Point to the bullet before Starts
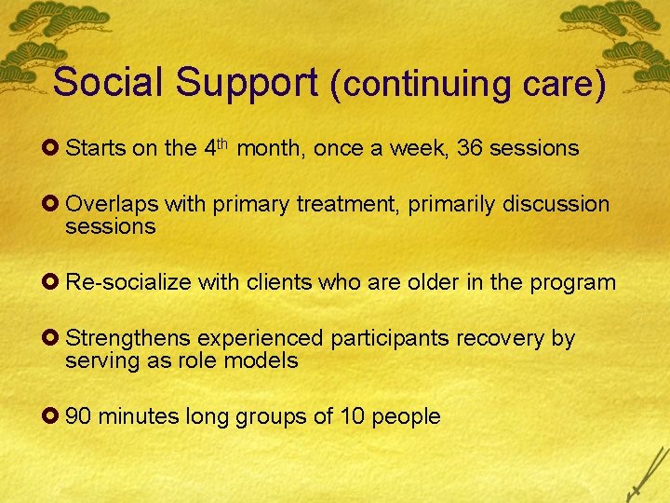point(57,148)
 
